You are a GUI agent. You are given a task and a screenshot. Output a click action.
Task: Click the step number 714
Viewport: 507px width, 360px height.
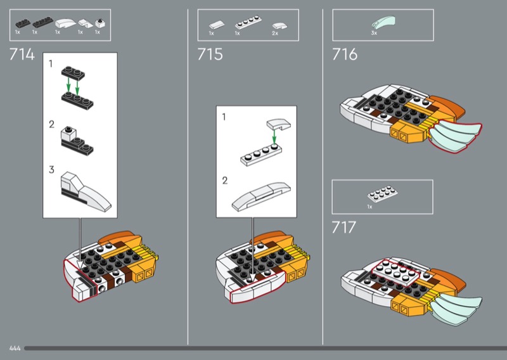tap(22, 55)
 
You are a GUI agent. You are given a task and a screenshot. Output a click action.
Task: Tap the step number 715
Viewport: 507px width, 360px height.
tap(210, 55)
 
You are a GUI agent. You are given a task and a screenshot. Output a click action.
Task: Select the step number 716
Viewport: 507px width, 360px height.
tap(345, 55)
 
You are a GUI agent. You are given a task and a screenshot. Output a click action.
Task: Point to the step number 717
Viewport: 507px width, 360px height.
tap(343, 228)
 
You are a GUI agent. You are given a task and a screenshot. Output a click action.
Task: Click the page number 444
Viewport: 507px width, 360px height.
tap(15, 349)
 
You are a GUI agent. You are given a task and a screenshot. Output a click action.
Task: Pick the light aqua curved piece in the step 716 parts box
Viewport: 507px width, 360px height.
tap(383, 22)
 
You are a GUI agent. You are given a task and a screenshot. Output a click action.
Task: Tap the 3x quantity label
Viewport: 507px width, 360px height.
tap(374, 33)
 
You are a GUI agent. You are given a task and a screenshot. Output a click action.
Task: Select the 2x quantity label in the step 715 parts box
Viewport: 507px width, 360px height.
tap(275, 34)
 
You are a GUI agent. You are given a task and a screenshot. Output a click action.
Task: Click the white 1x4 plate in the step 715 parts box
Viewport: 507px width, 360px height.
tap(248, 23)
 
